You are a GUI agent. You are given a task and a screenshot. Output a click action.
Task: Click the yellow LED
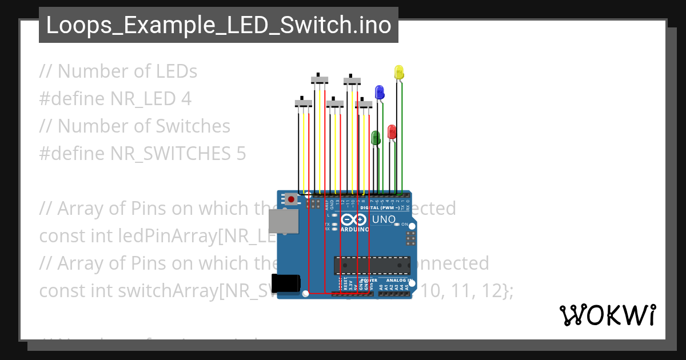coord(399,72)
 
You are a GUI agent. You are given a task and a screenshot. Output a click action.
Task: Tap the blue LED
coord(379,91)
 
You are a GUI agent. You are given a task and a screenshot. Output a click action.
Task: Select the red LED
coord(392,131)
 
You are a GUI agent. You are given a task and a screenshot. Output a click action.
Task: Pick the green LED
coord(376,137)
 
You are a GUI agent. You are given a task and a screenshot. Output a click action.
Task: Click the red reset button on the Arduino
coord(292,200)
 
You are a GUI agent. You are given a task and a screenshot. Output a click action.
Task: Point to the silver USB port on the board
coord(284,221)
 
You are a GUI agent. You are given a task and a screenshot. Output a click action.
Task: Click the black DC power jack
coord(286,283)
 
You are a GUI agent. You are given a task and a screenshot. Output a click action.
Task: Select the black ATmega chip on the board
coord(372,266)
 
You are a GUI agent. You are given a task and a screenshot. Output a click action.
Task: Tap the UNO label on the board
coord(384,219)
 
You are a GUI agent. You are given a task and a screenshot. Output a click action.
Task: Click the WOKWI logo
coord(607,315)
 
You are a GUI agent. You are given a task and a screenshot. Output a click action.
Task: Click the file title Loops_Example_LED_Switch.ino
coord(218,25)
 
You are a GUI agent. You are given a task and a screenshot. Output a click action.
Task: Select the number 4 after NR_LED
coord(185,99)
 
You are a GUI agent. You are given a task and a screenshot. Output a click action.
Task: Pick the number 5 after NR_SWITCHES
coord(241,154)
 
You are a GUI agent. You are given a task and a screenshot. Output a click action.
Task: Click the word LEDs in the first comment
coord(176,71)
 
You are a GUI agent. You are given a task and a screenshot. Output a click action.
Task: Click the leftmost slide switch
coord(303,103)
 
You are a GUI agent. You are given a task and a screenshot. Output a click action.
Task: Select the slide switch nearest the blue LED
coord(364,104)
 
